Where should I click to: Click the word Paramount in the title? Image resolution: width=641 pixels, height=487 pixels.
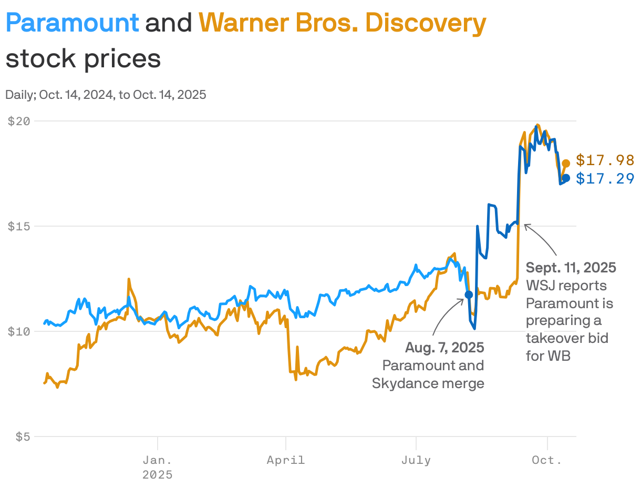pos(73,23)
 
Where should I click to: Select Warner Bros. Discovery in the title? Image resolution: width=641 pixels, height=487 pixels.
pos(342,23)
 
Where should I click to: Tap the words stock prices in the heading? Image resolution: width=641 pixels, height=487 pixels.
pos(83,58)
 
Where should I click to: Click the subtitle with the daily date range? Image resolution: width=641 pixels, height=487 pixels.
pos(106,95)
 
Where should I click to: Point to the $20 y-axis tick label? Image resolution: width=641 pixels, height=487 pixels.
pos(19,120)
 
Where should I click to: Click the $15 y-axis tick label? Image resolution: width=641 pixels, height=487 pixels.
pos(19,226)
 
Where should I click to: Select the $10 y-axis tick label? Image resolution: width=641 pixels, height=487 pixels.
pos(19,331)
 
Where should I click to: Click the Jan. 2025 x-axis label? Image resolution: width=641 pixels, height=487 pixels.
pos(158,467)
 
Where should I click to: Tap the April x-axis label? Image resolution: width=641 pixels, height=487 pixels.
pos(285,460)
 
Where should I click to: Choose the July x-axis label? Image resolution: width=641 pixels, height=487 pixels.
pos(416,460)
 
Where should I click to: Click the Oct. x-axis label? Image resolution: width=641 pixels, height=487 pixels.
pos(547,460)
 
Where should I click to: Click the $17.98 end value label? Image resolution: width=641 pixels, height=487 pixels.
pos(605,160)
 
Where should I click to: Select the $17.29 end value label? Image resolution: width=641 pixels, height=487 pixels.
pos(605,179)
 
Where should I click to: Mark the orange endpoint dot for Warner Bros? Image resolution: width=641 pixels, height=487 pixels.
pos(566,164)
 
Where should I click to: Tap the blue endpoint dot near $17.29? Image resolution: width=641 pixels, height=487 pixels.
pos(566,178)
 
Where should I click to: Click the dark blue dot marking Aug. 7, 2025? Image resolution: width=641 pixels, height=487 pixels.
pos(469,295)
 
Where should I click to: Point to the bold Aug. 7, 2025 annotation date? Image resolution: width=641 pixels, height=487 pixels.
pos(444,348)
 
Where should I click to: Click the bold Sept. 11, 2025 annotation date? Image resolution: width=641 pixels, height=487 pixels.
pos(571,268)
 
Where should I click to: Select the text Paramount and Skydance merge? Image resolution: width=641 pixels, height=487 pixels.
pos(428,374)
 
